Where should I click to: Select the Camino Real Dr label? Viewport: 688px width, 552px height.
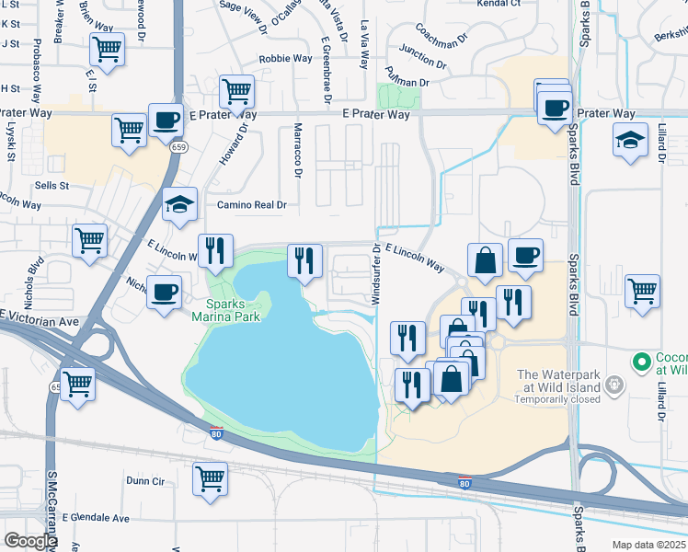point(252,205)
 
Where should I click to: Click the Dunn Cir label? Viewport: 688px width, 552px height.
point(145,480)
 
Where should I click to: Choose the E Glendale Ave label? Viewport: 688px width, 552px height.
point(77,517)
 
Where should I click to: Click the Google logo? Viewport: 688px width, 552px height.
point(30,541)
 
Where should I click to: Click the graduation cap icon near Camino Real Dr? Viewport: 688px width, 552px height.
point(180,205)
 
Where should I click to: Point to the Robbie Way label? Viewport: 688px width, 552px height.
point(285,59)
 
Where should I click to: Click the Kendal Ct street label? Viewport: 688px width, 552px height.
point(499,4)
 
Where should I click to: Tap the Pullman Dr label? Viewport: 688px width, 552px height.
point(409,83)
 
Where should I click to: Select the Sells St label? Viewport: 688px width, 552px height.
point(52,186)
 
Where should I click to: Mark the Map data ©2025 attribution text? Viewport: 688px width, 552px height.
point(648,545)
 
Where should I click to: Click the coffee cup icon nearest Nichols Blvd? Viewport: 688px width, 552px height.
point(163,293)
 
